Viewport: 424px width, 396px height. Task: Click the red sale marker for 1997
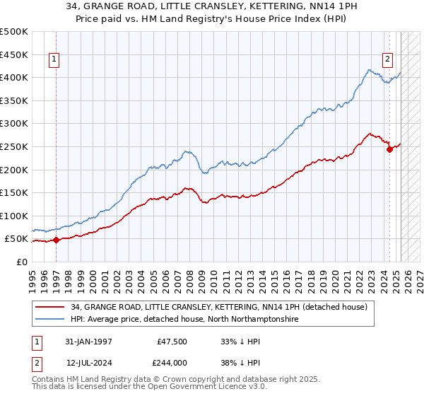[x=56, y=240]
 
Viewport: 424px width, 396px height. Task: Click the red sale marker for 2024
[x=389, y=148]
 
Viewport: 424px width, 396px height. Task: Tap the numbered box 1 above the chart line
[x=55, y=60]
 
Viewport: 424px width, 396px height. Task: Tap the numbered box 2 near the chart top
[x=388, y=60]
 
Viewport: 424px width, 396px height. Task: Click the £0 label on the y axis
[x=21, y=262]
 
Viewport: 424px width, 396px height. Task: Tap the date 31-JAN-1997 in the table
[x=88, y=342]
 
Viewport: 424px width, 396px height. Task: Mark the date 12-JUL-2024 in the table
[x=88, y=363]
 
